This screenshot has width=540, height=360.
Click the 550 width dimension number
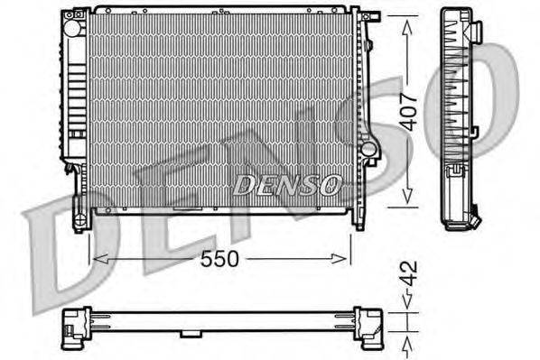(x=220, y=259)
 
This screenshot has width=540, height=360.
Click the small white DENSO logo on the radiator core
(x=286, y=185)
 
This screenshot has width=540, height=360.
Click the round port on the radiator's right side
(x=367, y=145)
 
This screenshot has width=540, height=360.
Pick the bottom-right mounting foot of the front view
(x=358, y=219)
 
